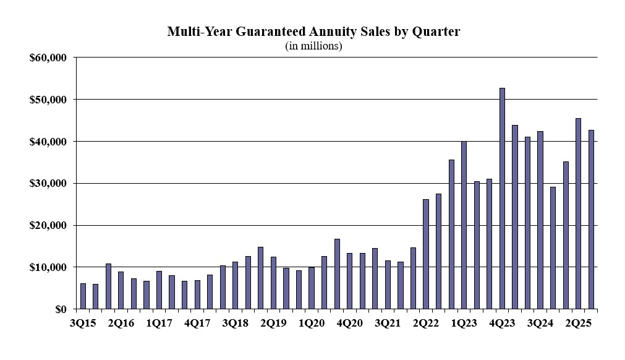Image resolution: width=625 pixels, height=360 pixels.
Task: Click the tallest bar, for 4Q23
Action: [x=502, y=199]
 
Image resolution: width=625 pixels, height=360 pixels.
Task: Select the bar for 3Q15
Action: [x=83, y=296]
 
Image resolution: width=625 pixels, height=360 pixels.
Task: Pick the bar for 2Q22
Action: [x=426, y=254]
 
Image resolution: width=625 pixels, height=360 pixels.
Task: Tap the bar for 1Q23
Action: [x=464, y=225]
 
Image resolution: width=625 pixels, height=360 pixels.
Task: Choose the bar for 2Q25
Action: [x=578, y=213]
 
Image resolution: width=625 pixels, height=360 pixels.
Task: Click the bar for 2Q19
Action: [x=273, y=283]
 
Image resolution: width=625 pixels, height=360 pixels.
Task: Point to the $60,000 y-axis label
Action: [x=48, y=58]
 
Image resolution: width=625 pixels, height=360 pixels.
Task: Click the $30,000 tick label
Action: [x=48, y=184]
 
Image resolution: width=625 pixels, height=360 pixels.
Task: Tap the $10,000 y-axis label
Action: [x=48, y=267]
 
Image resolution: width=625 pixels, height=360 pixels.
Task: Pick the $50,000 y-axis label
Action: [x=48, y=100]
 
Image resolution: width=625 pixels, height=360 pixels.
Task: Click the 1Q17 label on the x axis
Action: [x=159, y=323]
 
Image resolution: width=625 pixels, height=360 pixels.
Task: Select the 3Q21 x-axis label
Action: [x=388, y=323]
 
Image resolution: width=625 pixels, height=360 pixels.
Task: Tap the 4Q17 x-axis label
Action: [x=197, y=323]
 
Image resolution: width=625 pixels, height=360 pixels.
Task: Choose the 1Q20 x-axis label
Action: [x=312, y=323]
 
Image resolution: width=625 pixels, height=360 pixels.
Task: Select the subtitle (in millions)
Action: [x=313, y=46]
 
